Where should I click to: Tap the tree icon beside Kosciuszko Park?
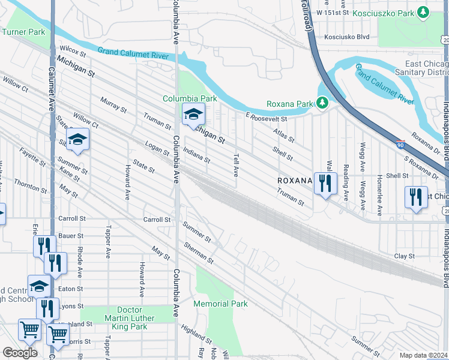coord(423,12)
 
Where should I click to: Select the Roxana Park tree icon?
coord(322,103)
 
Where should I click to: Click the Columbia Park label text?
coord(189,98)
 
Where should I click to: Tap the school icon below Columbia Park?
coord(193,114)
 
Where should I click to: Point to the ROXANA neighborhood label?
coord(295,180)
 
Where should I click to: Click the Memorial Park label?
coord(220,304)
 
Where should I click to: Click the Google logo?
coord(20,352)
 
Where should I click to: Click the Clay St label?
coord(404,256)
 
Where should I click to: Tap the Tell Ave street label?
coord(235,163)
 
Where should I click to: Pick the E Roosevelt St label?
coord(267,117)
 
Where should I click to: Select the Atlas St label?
coord(283,136)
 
